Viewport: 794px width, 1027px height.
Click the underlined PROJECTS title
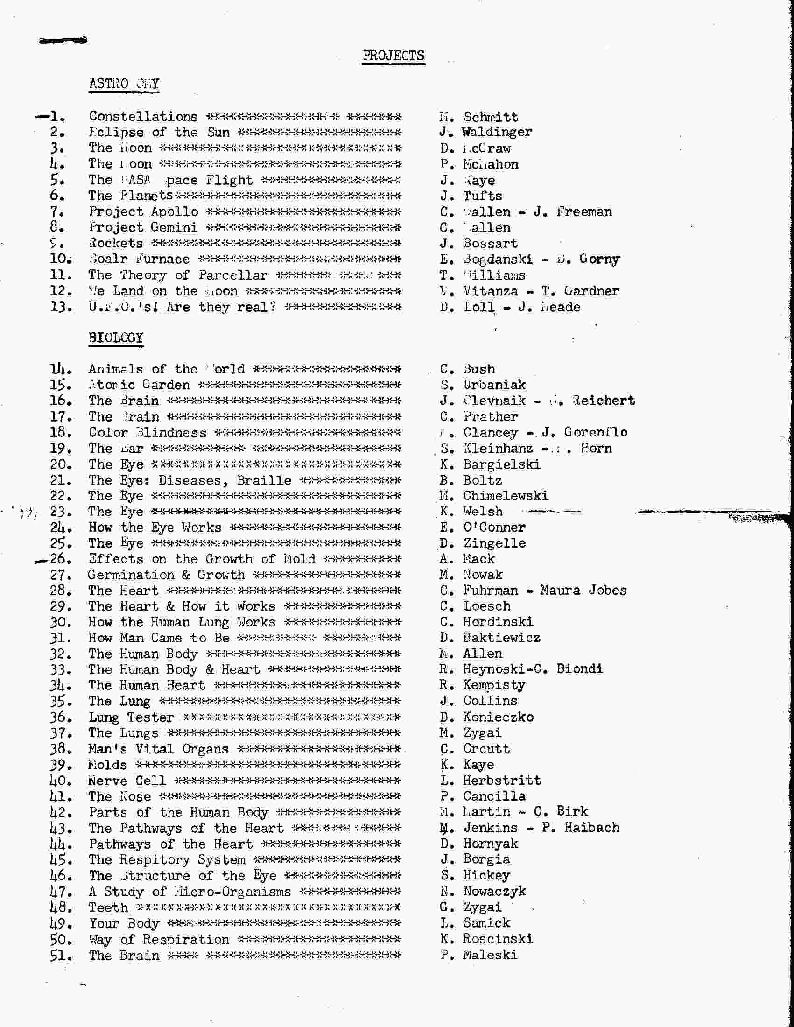(393, 56)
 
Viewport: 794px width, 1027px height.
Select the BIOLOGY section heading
(116, 338)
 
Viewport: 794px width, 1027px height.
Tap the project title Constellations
(143, 116)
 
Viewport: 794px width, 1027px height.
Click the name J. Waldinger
(485, 132)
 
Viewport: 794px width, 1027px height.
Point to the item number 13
(61, 307)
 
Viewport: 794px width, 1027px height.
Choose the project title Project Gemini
(143, 227)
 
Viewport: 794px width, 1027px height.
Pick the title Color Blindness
(148, 432)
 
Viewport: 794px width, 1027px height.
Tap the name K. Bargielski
(490, 464)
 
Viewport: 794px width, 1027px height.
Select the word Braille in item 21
(264, 480)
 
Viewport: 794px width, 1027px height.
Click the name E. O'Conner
(483, 527)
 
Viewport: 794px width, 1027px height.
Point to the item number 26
(61, 559)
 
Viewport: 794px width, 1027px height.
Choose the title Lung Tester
(131, 717)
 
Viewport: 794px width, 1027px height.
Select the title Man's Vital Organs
(158, 749)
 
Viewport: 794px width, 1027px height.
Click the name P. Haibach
(580, 827)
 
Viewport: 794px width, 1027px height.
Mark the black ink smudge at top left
(63, 41)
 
